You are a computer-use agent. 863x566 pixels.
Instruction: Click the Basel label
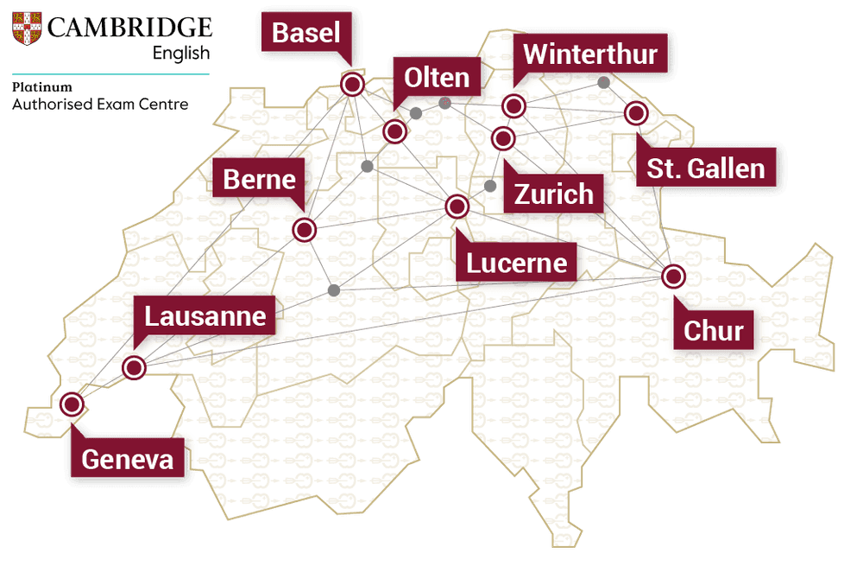coord(306,34)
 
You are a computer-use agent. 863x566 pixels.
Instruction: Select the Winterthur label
coord(590,54)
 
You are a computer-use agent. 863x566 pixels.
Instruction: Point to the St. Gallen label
coord(706,168)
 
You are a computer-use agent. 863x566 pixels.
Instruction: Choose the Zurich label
coord(553,194)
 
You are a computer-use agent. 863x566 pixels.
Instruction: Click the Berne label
coord(259,180)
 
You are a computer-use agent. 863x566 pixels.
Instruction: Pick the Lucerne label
coord(517,262)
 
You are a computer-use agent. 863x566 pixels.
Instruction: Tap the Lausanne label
coord(205,315)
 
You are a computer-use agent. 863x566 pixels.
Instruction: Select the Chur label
coord(713,330)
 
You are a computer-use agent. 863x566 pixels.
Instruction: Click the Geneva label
coord(127,459)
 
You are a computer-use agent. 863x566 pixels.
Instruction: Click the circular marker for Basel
coord(352,85)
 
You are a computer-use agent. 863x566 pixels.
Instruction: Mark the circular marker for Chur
coord(673,277)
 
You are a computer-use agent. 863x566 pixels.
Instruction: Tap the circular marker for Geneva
coord(72,404)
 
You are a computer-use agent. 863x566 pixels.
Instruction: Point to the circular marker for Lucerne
coord(457,207)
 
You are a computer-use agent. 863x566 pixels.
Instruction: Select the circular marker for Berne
coord(305,231)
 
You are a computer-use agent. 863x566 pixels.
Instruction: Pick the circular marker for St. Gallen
coord(636,113)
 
